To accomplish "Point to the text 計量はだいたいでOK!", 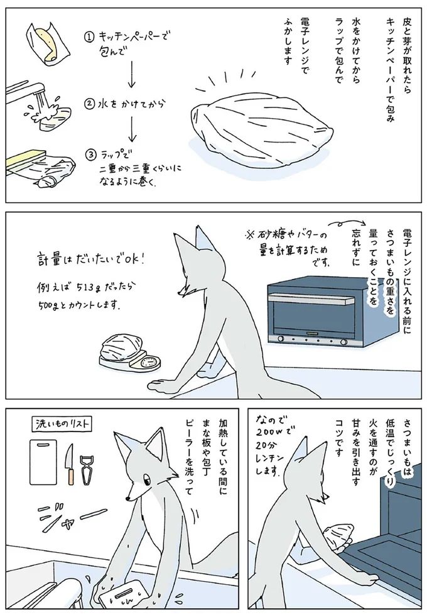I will coord(91,260).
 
